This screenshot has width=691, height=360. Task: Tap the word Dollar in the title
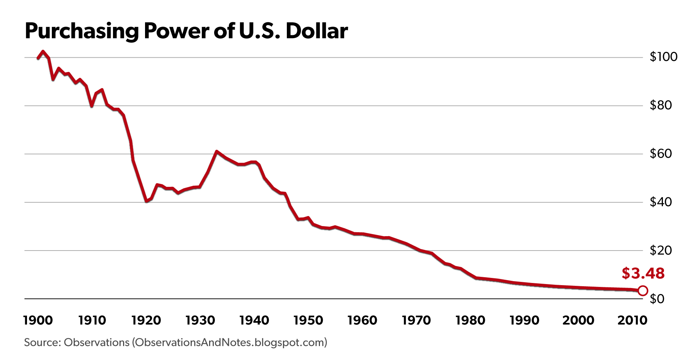pos(317,31)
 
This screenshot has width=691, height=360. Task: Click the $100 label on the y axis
pos(663,57)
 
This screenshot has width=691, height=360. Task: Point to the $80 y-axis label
pos(661,105)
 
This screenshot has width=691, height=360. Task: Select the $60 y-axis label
pos(661,154)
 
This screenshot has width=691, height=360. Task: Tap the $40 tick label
pos(661,202)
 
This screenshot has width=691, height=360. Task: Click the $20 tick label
pos(661,250)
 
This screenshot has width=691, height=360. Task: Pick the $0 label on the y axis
pos(657,299)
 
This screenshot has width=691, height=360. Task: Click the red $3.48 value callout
pos(643,274)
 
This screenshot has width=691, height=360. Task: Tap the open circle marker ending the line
pos(643,291)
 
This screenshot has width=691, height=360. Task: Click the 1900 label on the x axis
pos(38,320)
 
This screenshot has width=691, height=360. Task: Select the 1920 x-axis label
pos(146,320)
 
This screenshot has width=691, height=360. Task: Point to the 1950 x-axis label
pos(308,320)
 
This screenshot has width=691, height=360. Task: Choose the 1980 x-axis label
pos(470,320)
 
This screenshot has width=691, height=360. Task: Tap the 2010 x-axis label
pos(632,320)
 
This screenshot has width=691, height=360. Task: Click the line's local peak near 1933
pos(216,152)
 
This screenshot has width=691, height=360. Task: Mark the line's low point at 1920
pos(146,201)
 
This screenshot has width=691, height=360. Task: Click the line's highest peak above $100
pos(43,51)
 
